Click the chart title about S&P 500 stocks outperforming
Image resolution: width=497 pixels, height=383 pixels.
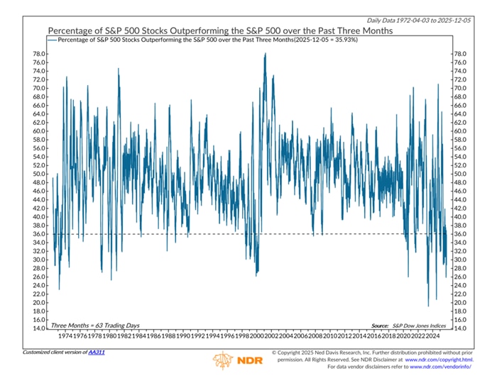pos(220,32)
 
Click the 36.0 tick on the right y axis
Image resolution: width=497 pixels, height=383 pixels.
pos(460,234)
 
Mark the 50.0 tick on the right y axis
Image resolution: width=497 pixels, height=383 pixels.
pos(460,174)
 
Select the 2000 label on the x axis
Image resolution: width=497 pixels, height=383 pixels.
pos(264,337)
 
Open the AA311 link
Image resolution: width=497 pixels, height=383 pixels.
pos(96,352)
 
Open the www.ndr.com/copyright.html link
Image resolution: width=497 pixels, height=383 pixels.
pos(439,360)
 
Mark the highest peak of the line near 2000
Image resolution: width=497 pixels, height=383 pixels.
pos(265,53)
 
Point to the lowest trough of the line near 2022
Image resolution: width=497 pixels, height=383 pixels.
pos(428,306)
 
